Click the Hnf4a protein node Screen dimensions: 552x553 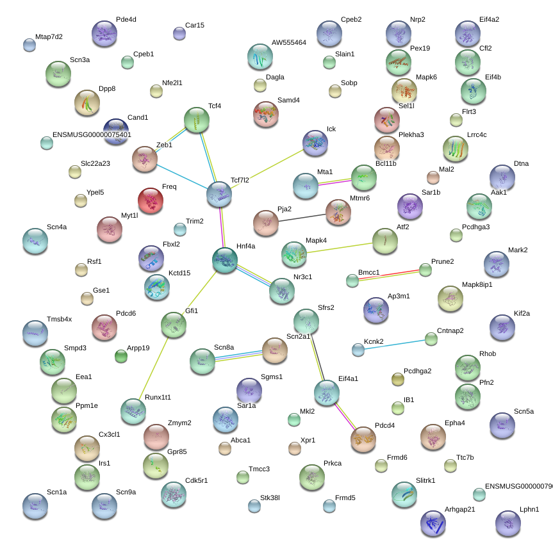[224, 260]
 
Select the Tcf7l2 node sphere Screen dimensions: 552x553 [219, 194]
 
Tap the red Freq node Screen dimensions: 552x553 [151, 200]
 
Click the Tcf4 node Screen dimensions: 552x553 [197, 120]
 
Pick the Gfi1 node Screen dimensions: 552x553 [173, 325]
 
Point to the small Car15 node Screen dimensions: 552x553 [179, 33]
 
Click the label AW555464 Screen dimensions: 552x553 [288, 42]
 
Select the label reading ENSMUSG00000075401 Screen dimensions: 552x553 [92, 134]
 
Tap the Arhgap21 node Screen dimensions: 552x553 [433, 523]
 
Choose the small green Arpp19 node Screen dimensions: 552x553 [121, 356]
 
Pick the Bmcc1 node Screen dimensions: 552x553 [352, 280]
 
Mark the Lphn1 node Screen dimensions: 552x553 [508, 523]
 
